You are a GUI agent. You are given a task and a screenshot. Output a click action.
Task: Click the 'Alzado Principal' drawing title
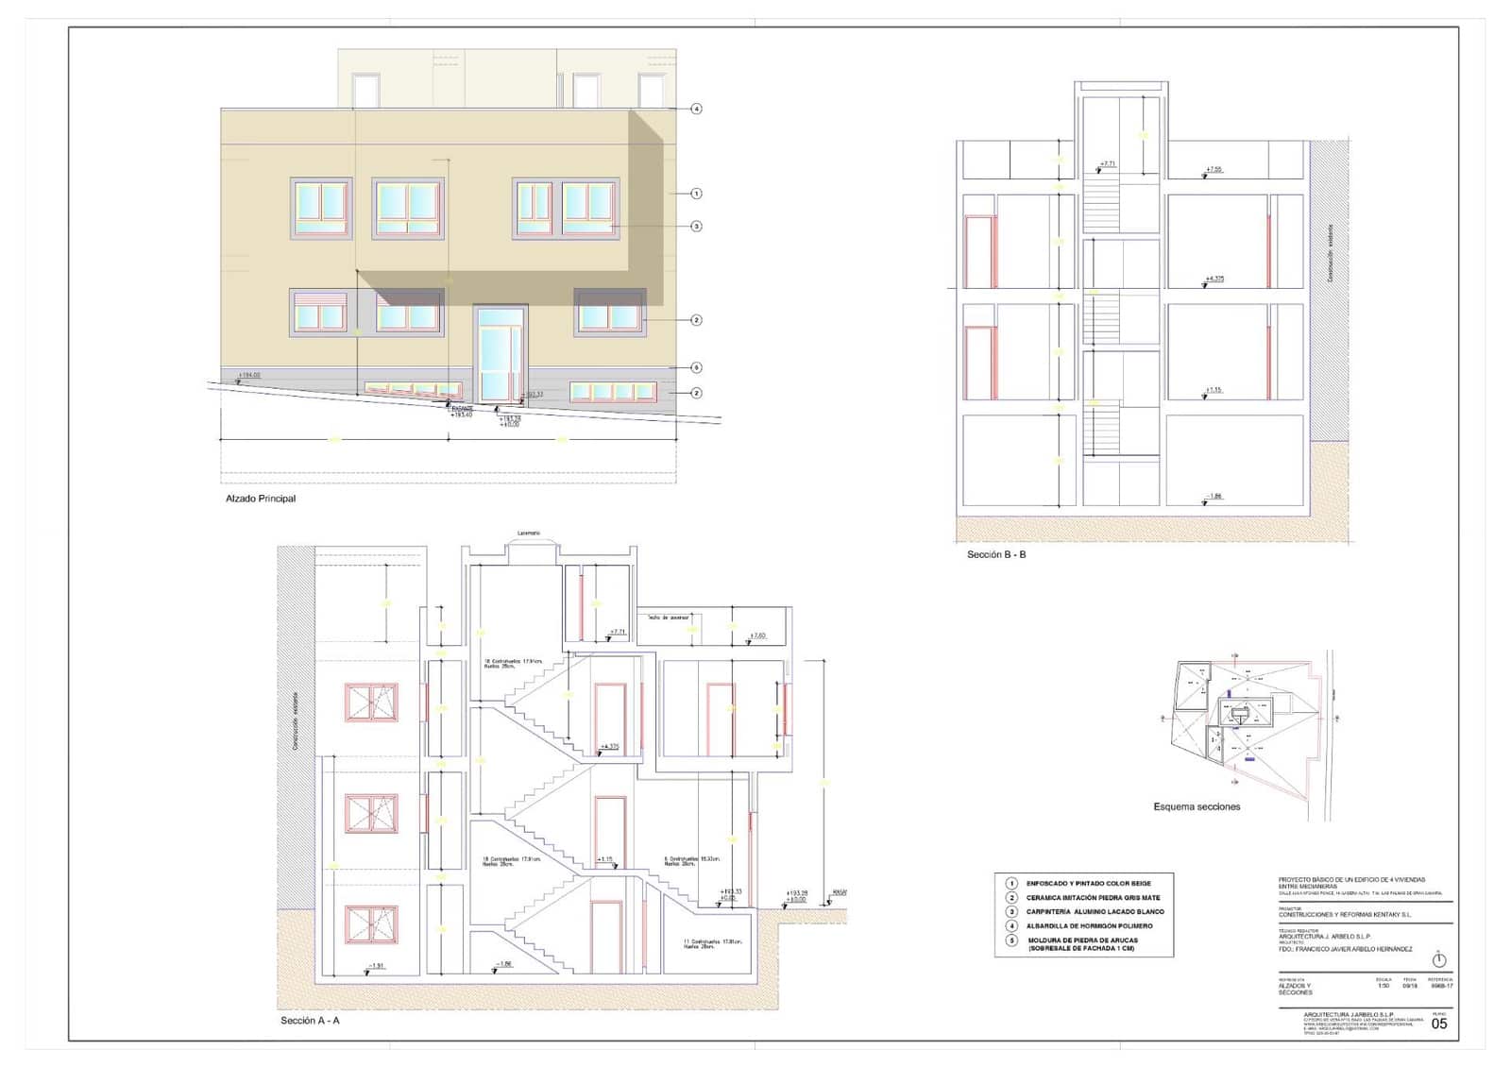[260, 499]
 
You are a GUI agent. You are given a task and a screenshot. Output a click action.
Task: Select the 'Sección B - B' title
[995, 554]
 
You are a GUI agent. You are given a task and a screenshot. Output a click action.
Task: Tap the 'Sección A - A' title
[310, 1021]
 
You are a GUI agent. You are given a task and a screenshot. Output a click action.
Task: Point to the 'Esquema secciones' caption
[1197, 806]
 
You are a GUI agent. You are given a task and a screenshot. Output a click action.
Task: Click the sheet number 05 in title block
[1438, 1024]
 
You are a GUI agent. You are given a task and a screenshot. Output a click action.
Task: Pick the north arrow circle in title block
[1438, 960]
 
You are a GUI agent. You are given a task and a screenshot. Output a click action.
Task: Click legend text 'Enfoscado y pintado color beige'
[1088, 884]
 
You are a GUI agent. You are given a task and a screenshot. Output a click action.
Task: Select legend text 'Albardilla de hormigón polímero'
[1089, 926]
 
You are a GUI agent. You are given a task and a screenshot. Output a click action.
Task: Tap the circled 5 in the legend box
[1011, 940]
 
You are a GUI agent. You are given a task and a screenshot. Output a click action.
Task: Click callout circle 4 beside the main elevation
[696, 109]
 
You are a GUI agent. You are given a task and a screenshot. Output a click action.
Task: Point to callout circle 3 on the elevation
[696, 226]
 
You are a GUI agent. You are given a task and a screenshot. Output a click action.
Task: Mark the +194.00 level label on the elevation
[249, 376]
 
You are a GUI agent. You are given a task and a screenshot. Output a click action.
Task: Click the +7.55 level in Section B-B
[1214, 170]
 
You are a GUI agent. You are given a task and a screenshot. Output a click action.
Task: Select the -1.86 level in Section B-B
[1214, 496]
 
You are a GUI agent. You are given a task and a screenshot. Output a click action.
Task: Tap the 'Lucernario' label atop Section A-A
[529, 533]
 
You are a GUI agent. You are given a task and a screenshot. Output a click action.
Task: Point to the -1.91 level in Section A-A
[376, 965]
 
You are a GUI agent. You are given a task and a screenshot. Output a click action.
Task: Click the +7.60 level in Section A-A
[756, 635]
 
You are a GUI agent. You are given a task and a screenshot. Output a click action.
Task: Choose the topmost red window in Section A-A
[371, 703]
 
